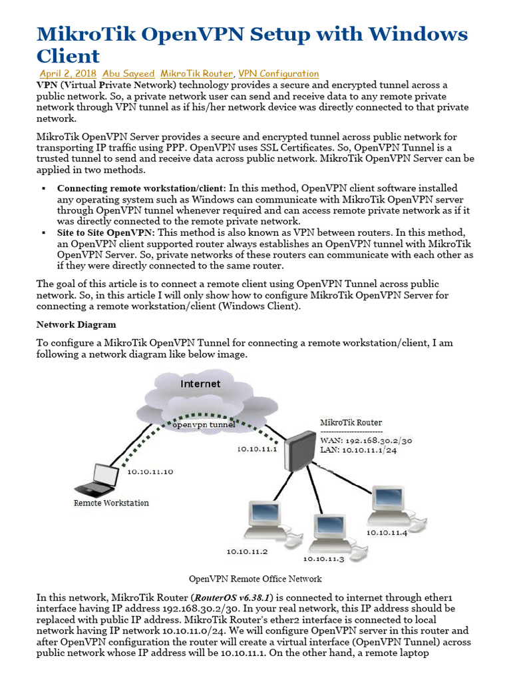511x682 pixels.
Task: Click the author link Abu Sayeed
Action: tap(129, 73)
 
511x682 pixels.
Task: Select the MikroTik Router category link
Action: tap(197, 73)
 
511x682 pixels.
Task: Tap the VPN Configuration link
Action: tap(278, 73)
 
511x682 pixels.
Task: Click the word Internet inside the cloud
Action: tap(200, 384)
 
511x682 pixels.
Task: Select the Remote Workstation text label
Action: tap(111, 503)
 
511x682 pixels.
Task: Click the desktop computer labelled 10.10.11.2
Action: tap(265, 521)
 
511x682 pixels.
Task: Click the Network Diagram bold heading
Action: tap(76, 324)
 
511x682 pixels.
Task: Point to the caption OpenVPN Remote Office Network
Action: tap(255, 579)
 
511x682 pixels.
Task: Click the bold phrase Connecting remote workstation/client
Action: tap(141, 188)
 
